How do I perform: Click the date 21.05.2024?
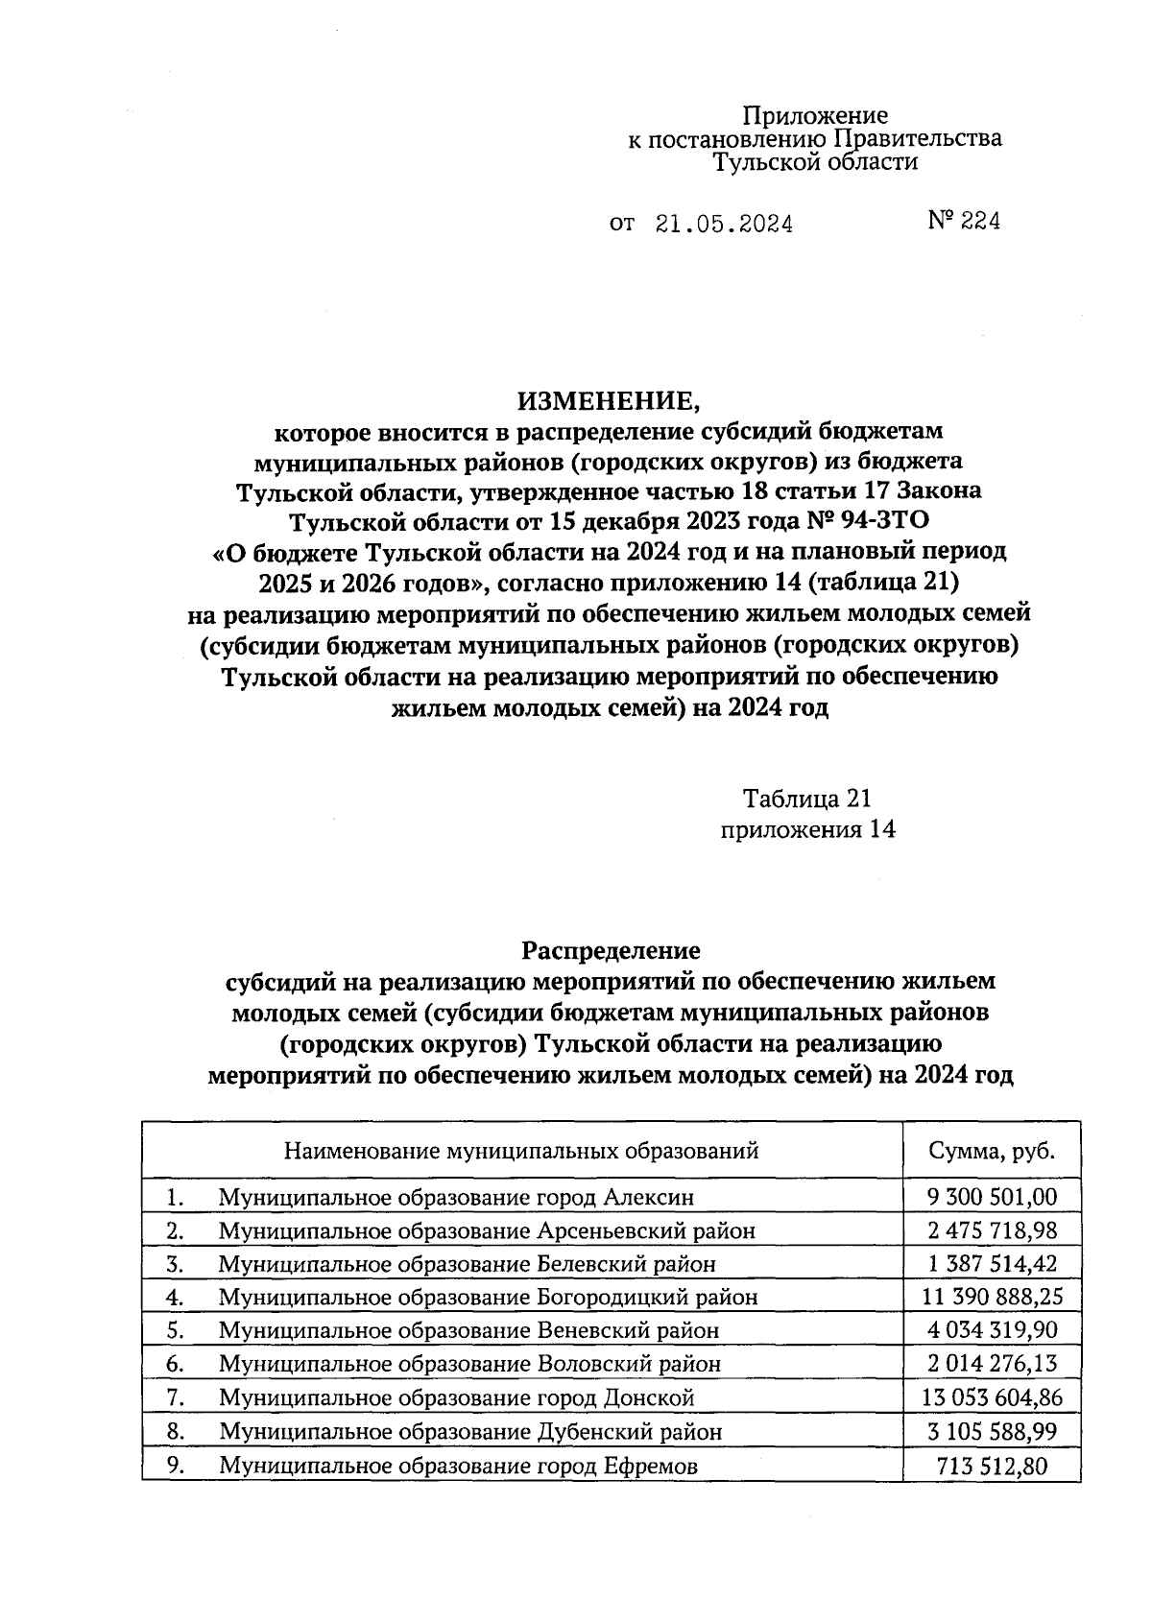(724, 225)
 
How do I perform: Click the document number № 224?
(964, 222)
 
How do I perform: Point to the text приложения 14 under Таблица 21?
(807, 830)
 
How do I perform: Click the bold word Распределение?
(611, 950)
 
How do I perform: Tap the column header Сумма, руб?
(992, 1151)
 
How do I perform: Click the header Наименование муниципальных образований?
(521, 1151)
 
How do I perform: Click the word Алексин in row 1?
(648, 1197)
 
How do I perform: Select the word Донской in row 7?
(650, 1397)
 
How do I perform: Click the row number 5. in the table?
(175, 1330)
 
